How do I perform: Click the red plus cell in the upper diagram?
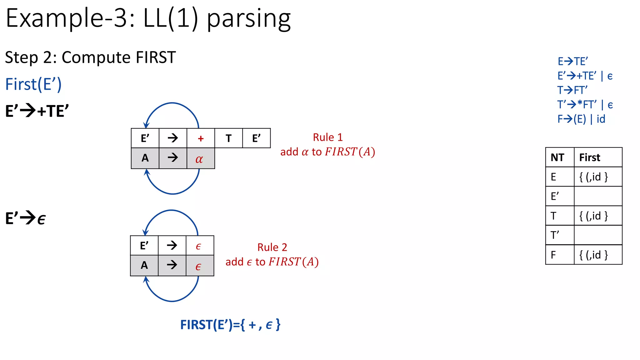point(201,138)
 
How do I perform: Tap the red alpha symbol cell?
point(201,158)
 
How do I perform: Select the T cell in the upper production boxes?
point(228,138)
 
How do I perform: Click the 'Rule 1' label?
point(328,137)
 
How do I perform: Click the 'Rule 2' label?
point(272,247)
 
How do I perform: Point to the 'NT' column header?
point(557,157)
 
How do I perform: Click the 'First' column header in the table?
point(590,157)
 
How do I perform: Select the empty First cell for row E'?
point(598,196)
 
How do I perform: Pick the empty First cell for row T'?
point(598,235)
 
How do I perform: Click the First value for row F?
point(593,255)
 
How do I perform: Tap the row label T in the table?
point(554,216)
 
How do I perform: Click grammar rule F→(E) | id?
point(581,119)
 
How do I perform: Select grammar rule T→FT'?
point(572,90)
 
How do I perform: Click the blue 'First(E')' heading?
point(33,84)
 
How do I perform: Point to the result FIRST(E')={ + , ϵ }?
point(230,325)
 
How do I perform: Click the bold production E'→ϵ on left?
point(26,218)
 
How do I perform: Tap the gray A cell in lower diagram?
point(144,265)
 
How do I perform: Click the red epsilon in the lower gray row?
point(198,267)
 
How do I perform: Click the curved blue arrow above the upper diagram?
point(172,104)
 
